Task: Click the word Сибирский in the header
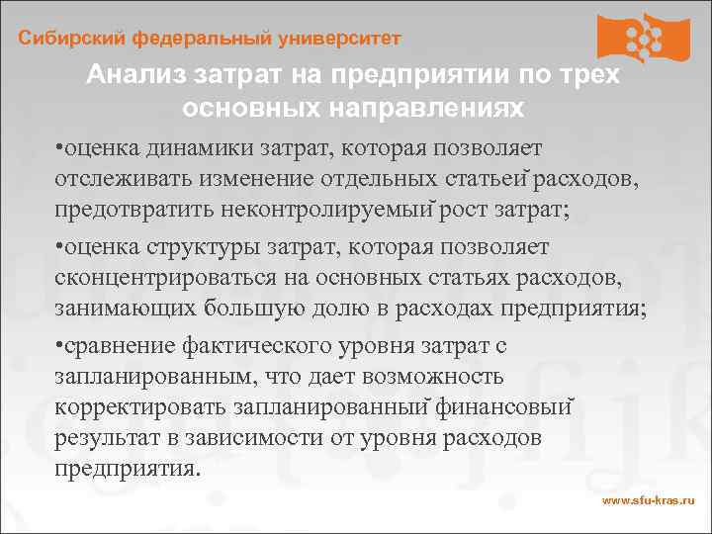[x=65, y=39]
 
